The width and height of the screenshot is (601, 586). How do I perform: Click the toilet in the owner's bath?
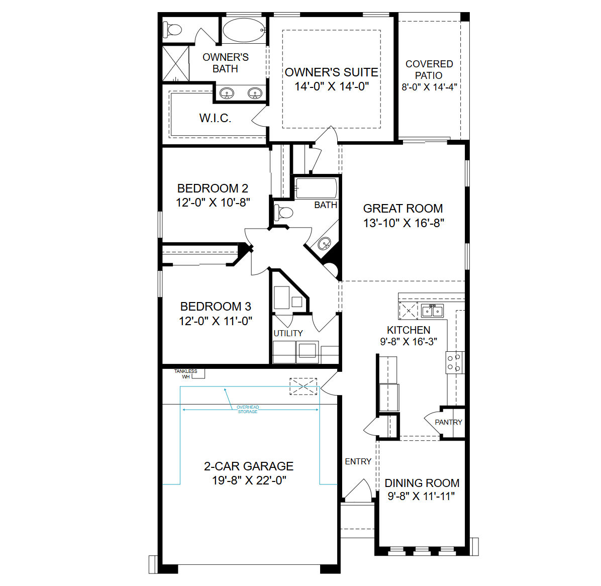tap(172, 30)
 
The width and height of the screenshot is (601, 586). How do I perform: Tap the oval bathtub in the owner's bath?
tap(244, 30)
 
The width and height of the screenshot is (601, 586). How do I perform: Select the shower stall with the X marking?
tap(176, 64)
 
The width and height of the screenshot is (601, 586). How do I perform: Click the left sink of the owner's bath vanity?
tap(227, 93)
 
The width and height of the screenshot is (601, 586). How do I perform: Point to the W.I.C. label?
tap(215, 118)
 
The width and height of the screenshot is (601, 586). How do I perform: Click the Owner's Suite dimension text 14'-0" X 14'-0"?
tap(332, 86)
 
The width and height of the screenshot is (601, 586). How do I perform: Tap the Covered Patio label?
tap(429, 69)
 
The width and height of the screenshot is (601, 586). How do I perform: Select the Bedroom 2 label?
tap(213, 188)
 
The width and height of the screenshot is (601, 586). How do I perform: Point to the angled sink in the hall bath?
tap(325, 243)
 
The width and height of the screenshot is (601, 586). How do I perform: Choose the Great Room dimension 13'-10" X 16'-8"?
tap(404, 223)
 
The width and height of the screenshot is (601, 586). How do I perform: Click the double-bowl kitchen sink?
tap(432, 311)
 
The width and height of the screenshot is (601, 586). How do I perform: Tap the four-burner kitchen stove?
tap(455, 362)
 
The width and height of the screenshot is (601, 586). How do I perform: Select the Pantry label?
tap(448, 422)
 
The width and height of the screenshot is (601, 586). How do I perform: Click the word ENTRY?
tap(358, 461)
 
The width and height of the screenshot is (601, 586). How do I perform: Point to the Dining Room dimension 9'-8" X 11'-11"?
tap(421, 496)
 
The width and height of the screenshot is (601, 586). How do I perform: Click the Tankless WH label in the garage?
tap(186, 374)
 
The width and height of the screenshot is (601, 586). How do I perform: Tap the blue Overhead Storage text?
tap(248, 409)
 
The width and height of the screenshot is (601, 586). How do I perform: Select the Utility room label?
tap(288, 333)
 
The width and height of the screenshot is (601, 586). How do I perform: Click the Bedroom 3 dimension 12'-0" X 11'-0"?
tap(216, 321)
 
